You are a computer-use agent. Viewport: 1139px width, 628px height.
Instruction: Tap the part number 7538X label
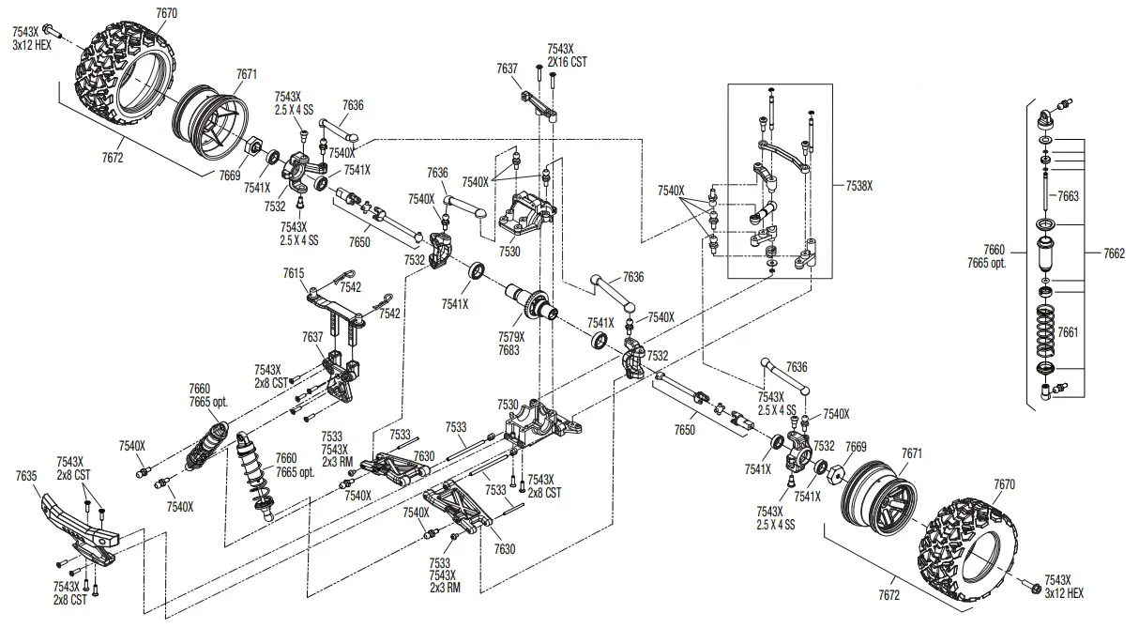pyautogui.click(x=859, y=186)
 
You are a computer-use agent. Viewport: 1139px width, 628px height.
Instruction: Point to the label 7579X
pyautogui.click(x=512, y=336)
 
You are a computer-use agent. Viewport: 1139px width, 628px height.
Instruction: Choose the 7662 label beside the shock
pyautogui.click(x=1114, y=253)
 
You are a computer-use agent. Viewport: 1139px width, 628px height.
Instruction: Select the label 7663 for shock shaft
pyautogui.click(x=1069, y=196)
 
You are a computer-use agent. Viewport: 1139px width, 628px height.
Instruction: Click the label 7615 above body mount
pyautogui.click(x=293, y=272)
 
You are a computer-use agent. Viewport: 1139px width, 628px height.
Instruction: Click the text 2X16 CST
pyautogui.click(x=566, y=62)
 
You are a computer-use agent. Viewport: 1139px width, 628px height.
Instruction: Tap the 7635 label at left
pyautogui.click(x=26, y=476)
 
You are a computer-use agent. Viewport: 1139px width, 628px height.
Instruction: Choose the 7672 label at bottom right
pyautogui.click(x=888, y=595)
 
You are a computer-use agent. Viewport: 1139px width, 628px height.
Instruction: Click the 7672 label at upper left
pyautogui.click(x=113, y=158)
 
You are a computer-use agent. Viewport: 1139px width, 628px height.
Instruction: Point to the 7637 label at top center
pyautogui.click(x=508, y=68)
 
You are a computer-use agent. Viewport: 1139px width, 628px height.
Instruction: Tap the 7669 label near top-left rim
pyautogui.click(x=230, y=175)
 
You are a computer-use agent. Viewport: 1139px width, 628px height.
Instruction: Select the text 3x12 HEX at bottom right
pyautogui.click(x=1063, y=593)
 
